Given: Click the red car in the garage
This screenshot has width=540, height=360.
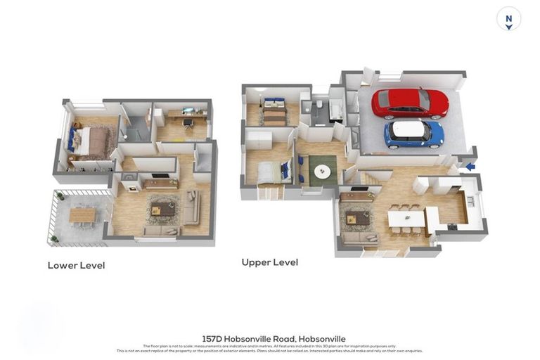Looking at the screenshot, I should (x=410, y=103).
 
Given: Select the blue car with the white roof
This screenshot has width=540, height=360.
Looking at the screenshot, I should (x=413, y=132).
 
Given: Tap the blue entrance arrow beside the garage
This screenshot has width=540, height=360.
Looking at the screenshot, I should (x=470, y=167).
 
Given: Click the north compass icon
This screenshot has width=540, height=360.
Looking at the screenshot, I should (x=508, y=19).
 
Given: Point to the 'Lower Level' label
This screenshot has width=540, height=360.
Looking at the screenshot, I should (x=76, y=266).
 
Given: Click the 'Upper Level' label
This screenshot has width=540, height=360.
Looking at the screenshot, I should (x=269, y=262).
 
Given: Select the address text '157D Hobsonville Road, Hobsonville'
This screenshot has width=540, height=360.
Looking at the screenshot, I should (x=274, y=339).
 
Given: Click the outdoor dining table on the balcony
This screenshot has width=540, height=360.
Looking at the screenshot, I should (x=82, y=214).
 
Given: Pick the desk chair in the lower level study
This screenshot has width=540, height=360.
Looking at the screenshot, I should (x=188, y=124).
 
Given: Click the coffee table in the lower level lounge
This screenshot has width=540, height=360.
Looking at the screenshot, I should (x=163, y=209).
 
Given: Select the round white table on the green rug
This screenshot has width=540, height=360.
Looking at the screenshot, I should (x=323, y=171).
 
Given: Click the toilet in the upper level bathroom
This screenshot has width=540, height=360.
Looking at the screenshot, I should (x=320, y=105).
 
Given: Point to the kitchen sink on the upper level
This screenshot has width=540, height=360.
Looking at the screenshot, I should (x=470, y=201).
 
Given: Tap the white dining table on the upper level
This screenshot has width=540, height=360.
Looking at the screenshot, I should (x=406, y=219).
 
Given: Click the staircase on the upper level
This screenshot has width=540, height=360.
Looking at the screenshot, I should (x=373, y=177).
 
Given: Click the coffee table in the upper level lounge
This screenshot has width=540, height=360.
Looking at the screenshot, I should (x=358, y=219).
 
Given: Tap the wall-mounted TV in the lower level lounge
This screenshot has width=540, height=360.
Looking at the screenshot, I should (x=160, y=176).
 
